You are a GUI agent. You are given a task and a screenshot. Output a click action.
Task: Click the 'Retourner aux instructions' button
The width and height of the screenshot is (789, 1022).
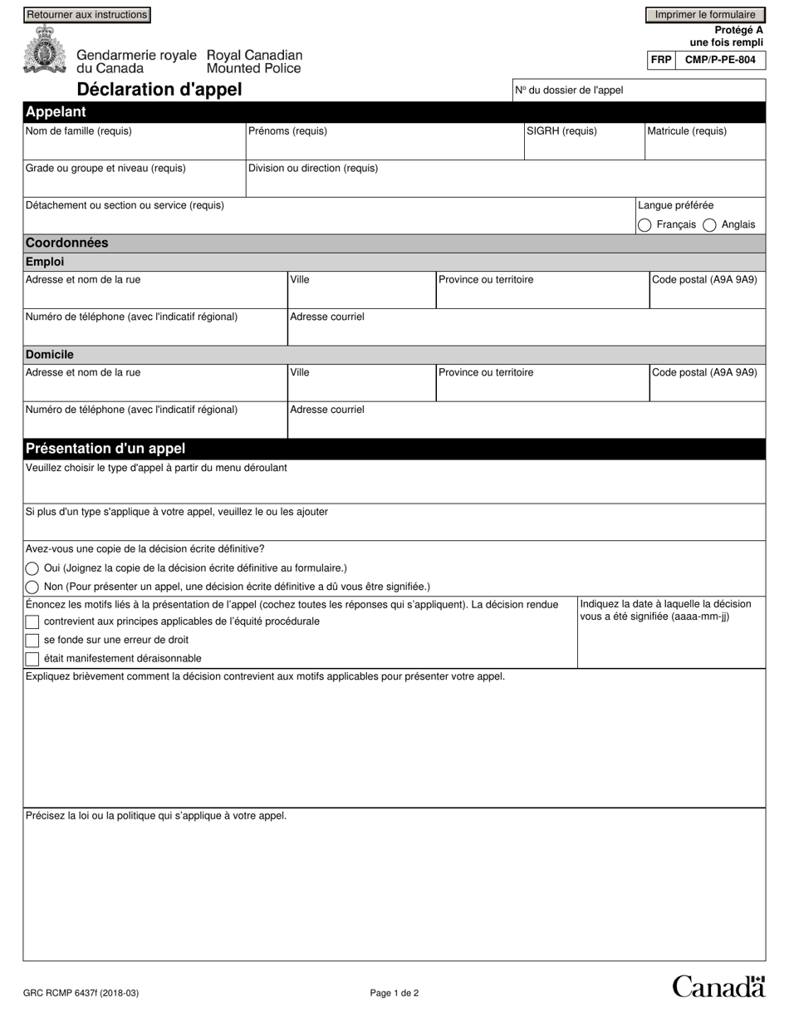click(87, 15)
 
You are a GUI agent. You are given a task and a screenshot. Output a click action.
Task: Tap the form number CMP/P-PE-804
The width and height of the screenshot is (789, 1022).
click(720, 61)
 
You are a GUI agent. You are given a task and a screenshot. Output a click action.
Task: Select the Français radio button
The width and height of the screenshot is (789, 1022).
click(644, 225)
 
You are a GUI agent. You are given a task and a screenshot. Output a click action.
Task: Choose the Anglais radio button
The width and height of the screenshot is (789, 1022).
click(709, 225)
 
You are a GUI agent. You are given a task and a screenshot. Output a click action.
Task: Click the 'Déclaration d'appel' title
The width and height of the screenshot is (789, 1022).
click(159, 90)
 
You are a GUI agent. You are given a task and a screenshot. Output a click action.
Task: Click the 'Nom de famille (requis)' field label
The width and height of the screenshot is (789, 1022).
click(79, 131)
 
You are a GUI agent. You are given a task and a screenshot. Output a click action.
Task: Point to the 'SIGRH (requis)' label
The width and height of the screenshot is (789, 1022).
click(561, 131)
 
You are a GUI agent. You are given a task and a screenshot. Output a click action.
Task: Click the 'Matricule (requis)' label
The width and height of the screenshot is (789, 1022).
click(687, 131)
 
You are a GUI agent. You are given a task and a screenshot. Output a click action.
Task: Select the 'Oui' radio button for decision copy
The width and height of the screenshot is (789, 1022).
click(32, 568)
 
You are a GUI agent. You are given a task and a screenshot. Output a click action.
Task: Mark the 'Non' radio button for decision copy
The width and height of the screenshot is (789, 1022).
click(32, 587)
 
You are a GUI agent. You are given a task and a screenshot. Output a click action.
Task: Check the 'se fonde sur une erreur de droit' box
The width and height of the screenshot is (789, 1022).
click(32, 641)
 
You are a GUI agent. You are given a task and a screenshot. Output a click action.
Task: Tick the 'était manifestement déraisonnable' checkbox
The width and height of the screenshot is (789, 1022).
click(32, 659)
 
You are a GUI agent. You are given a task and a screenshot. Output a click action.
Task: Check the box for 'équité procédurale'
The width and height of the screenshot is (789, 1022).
click(32, 622)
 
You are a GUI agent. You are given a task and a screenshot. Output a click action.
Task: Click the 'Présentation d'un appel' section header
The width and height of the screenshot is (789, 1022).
click(105, 449)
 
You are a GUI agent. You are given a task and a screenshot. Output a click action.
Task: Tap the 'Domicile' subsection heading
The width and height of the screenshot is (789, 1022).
click(50, 355)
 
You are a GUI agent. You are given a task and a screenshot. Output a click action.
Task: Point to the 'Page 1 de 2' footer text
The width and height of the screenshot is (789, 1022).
click(394, 993)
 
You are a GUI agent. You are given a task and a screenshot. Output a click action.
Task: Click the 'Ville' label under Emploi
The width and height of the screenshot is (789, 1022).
click(300, 280)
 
